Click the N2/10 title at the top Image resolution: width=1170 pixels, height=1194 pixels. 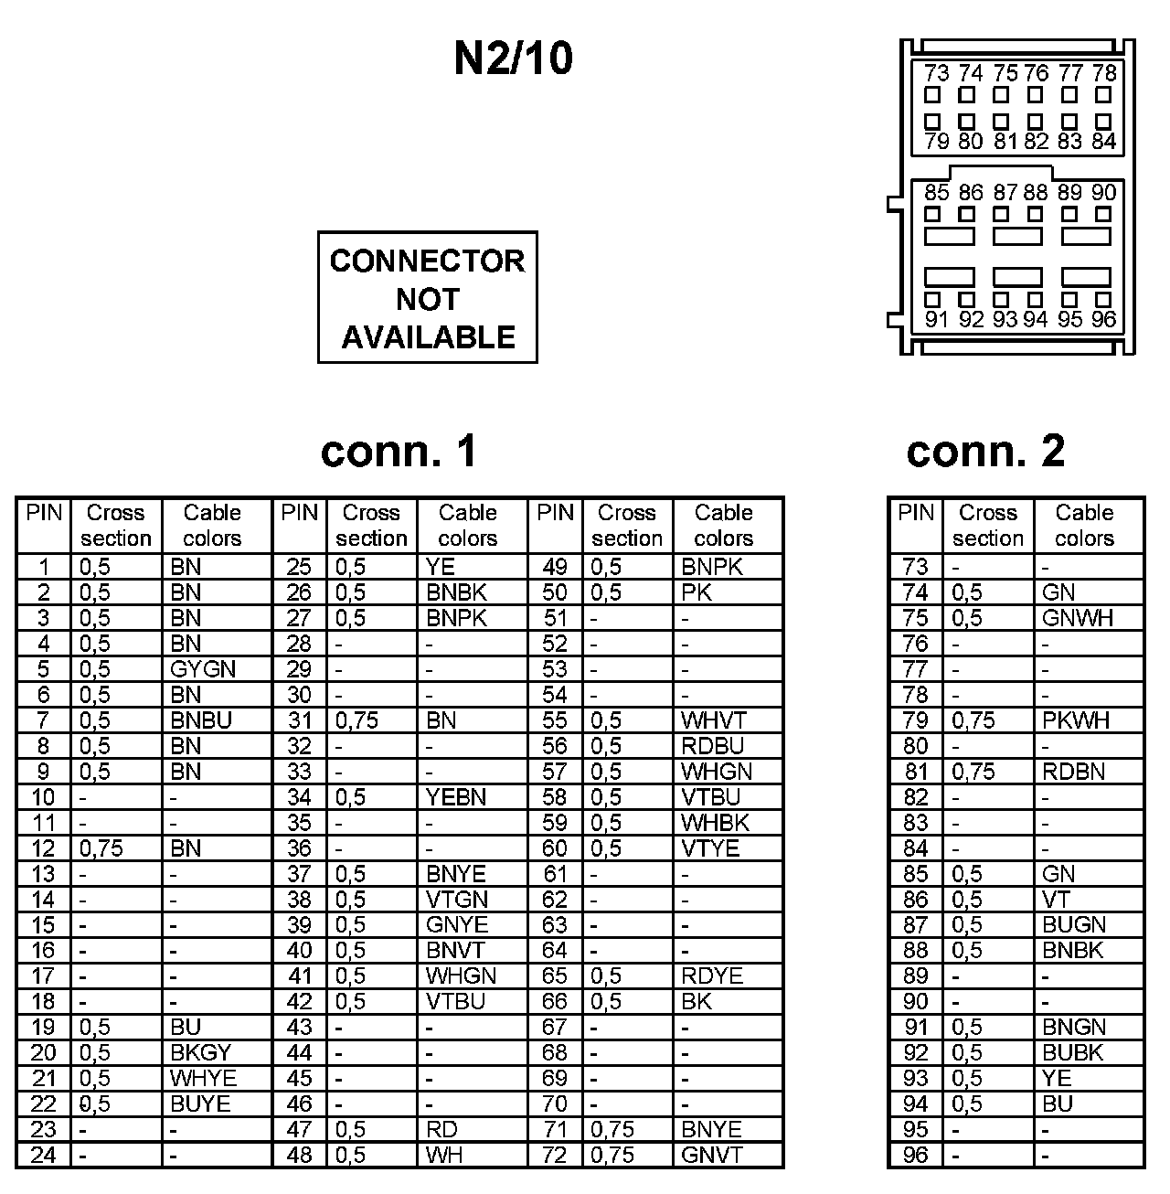tap(513, 59)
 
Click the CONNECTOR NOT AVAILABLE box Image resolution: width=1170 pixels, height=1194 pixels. tap(427, 298)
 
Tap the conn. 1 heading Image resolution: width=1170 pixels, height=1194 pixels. tap(399, 451)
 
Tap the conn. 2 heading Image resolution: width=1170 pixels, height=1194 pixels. tap(985, 451)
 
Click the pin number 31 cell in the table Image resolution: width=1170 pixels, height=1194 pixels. tap(299, 720)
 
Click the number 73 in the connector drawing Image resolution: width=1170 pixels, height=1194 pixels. tap(936, 73)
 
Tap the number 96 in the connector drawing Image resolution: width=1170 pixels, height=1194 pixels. tap(1103, 319)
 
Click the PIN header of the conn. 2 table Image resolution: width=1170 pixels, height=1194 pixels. tap(915, 513)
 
